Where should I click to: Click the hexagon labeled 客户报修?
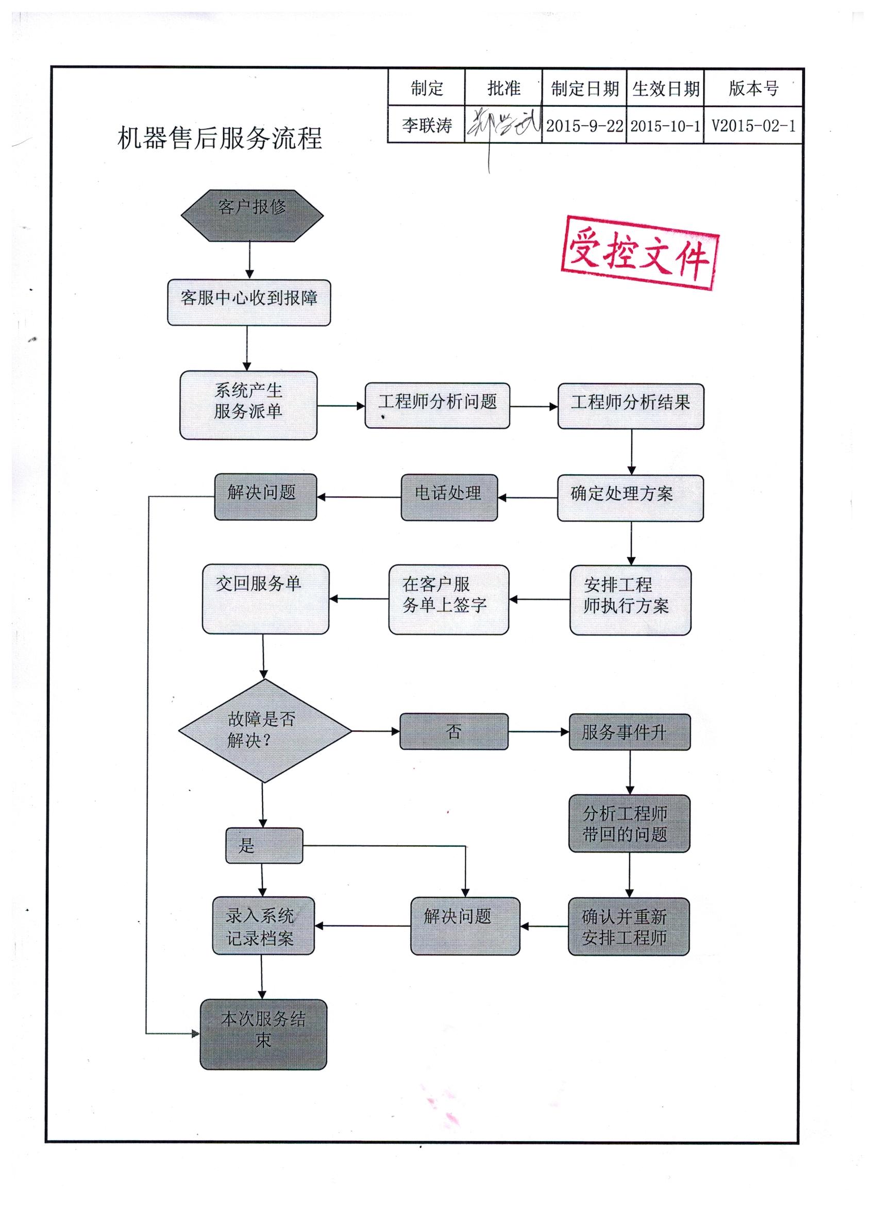pos(252,215)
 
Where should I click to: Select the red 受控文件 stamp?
pos(639,253)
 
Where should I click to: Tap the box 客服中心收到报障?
pos(248,303)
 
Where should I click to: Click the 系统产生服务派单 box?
pos(248,405)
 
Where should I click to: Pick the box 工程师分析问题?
pos(437,406)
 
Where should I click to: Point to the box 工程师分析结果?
pos(631,406)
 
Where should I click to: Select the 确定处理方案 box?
pos(630,498)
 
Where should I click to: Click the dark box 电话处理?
pos(449,497)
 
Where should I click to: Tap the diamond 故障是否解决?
pos(264,730)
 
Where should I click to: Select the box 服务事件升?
pos(630,732)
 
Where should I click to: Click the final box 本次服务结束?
pos(263,1034)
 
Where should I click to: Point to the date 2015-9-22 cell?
pos(584,126)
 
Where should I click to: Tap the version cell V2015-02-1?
pos(753,126)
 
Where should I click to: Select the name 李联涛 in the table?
pos(427,125)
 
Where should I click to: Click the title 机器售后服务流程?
pos(220,138)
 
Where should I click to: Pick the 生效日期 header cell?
pos(665,88)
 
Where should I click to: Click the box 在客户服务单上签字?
pos(448,599)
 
